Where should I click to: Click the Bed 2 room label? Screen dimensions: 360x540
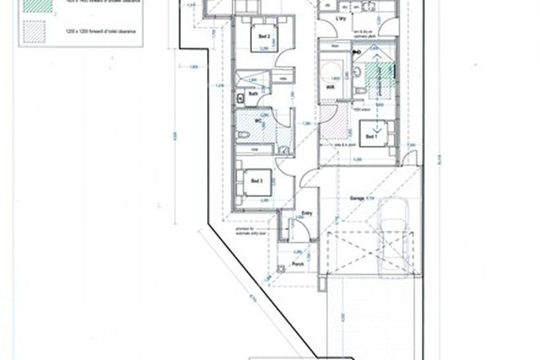tap(263, 36)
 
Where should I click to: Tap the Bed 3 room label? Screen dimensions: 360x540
tap(256, 180)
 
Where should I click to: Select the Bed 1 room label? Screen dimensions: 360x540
tap(370, 137)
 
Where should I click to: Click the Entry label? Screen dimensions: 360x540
tap(308, 213)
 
